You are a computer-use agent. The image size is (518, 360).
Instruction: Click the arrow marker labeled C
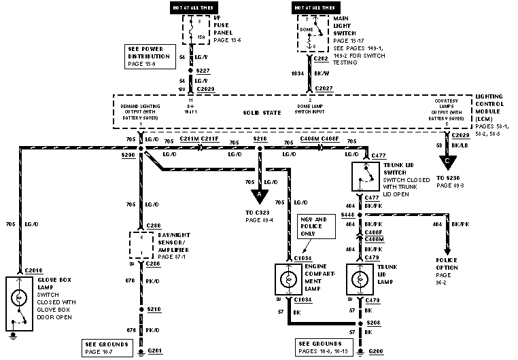[x=447, y=164]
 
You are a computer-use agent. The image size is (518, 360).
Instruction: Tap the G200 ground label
[x=376, y=352]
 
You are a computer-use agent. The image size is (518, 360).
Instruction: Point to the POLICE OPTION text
[x=447, y=264]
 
